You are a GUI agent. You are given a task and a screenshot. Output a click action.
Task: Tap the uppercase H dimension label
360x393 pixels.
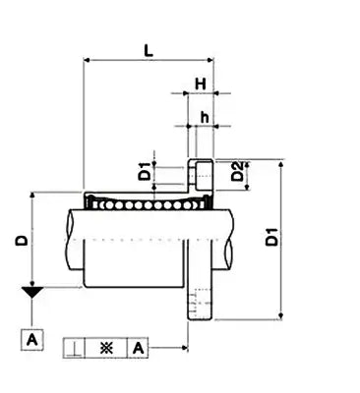200,84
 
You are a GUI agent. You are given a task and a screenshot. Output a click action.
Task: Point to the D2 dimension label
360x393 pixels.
236,176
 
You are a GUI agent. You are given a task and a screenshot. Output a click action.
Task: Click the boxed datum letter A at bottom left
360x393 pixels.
32,340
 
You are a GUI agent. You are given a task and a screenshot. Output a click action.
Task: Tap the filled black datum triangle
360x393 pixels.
32,292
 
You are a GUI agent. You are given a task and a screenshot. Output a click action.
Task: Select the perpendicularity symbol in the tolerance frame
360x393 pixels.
76,348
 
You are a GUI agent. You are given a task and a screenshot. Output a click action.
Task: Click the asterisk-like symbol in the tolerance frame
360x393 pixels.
106,348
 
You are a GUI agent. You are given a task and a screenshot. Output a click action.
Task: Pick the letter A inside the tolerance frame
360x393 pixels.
138,348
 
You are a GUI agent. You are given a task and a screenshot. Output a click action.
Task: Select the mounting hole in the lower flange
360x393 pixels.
200,302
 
